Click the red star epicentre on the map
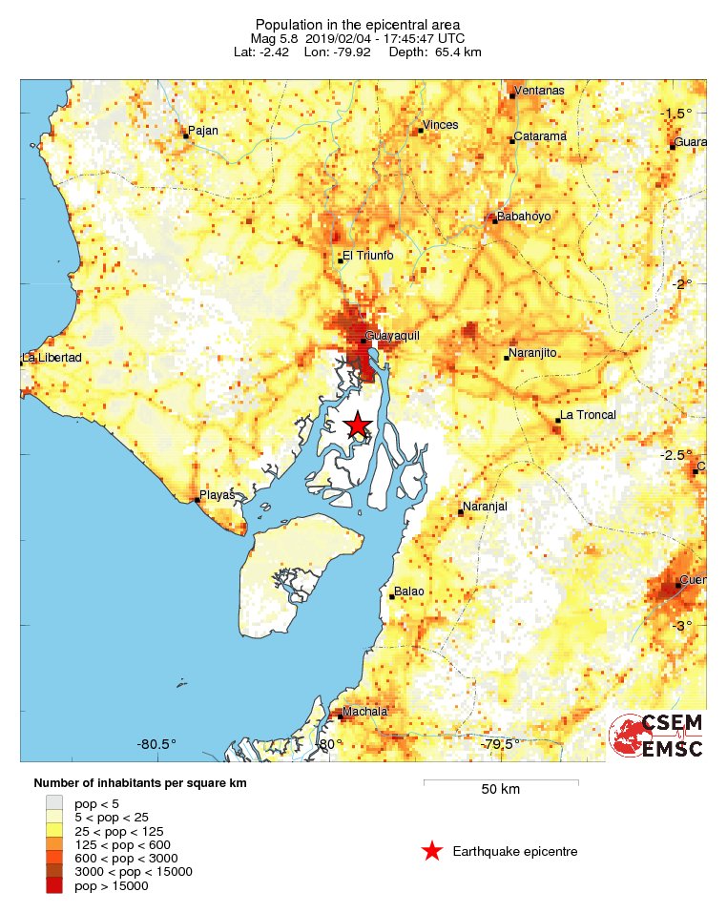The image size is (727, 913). tap(358, 425)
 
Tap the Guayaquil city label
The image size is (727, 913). tap(393, 336)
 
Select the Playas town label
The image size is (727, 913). tap(217, 495)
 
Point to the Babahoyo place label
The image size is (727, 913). tap(524, 217)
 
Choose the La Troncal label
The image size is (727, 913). tap(588, 415)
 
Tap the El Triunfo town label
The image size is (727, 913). tap(367, 255)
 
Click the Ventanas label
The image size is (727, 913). tap(539, 91)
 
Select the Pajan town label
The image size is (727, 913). tap(204, 131)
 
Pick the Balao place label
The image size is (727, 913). tap(410, 591)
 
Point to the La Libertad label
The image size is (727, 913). tap(52, 358)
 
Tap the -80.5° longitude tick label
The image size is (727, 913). tap(157, 744)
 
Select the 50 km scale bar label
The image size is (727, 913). tap(500, 790)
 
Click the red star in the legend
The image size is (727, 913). tap(432, 851)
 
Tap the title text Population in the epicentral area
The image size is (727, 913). tap(357, 23)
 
